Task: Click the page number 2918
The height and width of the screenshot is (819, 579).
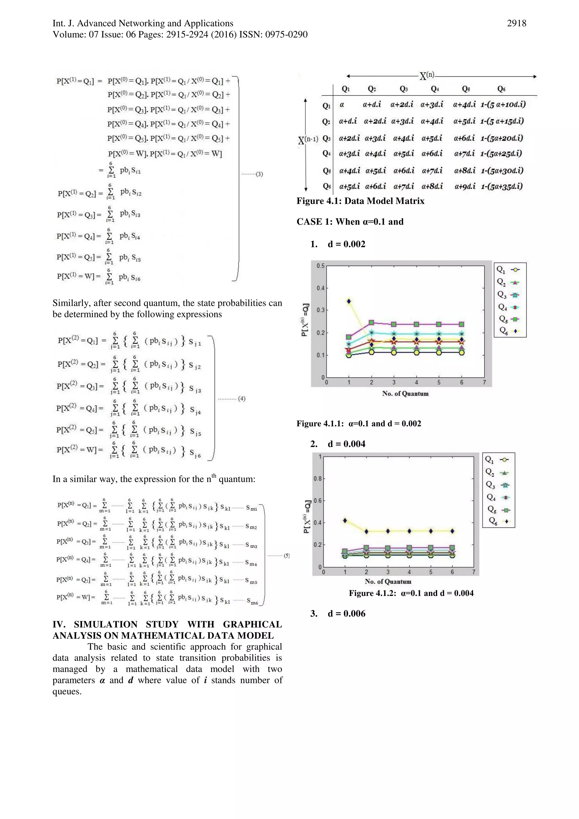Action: pos(516,23)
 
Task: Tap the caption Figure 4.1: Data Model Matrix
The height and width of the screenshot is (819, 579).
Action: pos(360,201)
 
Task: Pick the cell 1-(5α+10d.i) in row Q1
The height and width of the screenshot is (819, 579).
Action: pos(503,105)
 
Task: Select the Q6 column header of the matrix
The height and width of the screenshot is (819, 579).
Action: pos(501,89)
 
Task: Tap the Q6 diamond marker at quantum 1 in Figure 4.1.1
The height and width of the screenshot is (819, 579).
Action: pos(349,301)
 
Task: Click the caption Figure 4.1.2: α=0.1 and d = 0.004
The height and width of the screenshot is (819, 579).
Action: pos(411,593)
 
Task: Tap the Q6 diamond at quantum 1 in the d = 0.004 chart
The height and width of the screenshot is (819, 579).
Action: pos(345,520)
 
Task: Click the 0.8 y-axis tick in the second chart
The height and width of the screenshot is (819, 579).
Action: pos(317,479)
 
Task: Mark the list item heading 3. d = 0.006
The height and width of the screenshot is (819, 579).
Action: pos(338,613)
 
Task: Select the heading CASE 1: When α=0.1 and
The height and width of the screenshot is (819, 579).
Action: pos(350,222)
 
